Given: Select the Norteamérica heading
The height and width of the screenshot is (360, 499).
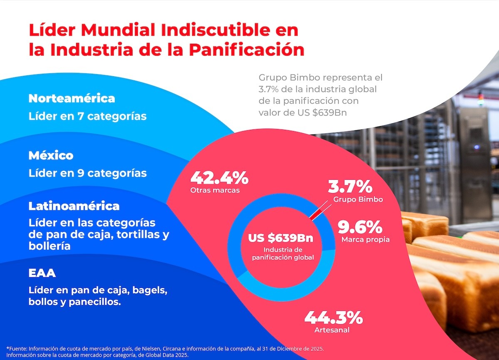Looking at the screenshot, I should point(72,99).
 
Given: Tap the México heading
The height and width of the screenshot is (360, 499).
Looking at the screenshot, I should point(51,156).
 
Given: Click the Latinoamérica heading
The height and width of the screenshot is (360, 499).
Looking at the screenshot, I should point(74,206).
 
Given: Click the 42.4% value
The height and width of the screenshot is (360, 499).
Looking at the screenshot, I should point(219,178).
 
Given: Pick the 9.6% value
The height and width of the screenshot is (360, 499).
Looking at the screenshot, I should point(360,227).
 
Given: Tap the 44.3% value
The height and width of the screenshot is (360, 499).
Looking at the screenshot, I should point(333,318).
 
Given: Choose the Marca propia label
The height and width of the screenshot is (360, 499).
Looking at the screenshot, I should point(365,240).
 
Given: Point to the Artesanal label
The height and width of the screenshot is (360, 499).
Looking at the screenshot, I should point(332,330).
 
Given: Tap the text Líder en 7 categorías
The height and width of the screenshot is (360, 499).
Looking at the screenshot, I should point(87,116).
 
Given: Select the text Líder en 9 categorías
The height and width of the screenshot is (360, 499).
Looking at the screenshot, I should point(87,173).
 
